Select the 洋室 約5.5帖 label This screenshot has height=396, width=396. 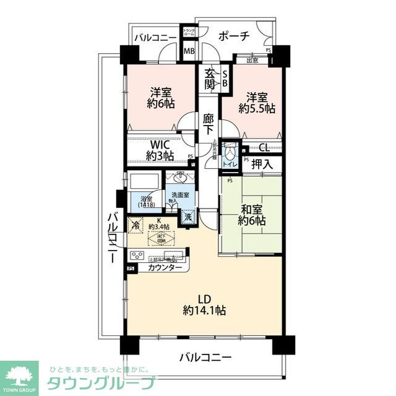[257, 103]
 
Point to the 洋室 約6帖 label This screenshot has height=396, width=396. [160, 98]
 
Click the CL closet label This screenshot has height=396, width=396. [263, 147]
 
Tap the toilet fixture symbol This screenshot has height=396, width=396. [230, 153]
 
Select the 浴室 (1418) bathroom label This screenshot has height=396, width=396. [146, 202]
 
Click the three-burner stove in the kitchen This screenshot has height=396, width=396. [137, 256]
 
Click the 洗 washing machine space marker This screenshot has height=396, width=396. [187, 217]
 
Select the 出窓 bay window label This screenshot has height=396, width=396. [252, 61]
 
